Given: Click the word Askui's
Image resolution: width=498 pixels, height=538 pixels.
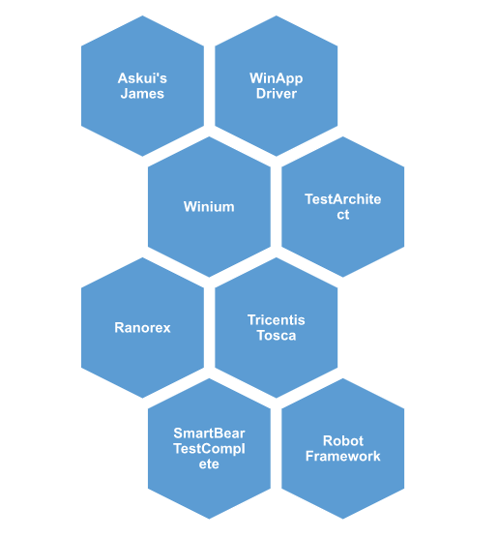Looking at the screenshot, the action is pos(142,78).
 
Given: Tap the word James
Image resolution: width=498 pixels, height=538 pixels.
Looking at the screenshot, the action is pos(142,94).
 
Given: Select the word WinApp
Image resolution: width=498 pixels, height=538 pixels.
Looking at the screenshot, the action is pos(277,79).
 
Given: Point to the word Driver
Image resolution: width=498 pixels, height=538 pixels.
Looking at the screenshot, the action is pos(277,94).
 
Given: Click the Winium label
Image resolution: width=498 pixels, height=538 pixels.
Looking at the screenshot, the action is pos(209,207).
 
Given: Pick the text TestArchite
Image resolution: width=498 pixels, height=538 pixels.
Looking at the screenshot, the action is pos(342,199).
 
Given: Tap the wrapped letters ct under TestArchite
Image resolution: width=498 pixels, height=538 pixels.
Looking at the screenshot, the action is pos(342,215).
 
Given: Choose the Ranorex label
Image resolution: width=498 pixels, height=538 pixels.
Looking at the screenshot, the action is pos(142,328).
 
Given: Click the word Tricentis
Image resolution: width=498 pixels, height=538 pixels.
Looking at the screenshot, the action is pos(277,320).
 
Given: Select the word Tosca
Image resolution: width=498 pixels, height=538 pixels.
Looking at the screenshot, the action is pos(277,336).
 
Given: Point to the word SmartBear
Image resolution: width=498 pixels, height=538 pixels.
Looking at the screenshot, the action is pos(209,433).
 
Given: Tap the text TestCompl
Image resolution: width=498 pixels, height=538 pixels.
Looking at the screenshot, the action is pos(209,449).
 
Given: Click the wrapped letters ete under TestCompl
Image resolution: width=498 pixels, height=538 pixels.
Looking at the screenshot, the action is pos(209,464).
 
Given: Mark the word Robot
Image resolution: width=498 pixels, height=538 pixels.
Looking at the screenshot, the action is pos(342,441).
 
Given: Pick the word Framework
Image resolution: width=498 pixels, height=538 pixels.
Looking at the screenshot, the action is pos(342,457).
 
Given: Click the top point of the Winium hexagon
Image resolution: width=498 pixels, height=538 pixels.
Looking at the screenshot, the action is pos(209,136).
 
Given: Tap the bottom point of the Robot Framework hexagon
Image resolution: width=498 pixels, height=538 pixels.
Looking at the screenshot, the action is pos(343,519).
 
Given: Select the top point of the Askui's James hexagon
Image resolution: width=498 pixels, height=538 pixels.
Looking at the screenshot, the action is pos(143,15).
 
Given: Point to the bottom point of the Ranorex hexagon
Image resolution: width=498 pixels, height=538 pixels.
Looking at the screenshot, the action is pos(143,398).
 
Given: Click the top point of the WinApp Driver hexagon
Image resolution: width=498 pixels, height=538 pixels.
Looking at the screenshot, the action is pos(277,15).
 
